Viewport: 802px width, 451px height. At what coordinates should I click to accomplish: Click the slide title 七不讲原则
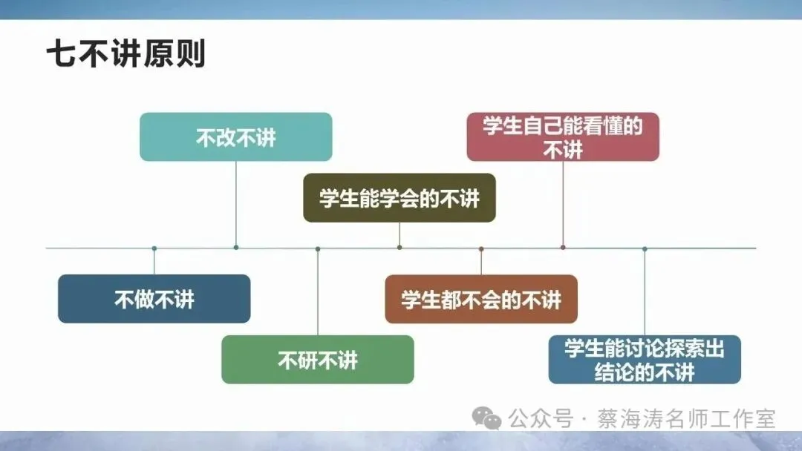(x=125, y=54)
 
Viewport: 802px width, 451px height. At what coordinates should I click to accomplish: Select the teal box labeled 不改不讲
(x=235, y=137)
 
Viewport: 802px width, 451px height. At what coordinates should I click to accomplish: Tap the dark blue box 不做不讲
(x=154, y=299)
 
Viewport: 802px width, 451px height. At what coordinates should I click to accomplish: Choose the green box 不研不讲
(x=317, y=360)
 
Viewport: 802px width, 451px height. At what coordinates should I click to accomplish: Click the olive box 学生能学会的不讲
(x=399, y=198)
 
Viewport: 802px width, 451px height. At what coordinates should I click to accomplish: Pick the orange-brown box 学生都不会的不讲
(x=480, y=299)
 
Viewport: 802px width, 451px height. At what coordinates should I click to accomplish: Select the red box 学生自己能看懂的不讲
(x=562, y=137)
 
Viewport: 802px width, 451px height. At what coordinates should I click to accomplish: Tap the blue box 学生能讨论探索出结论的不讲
(x=644, y=360)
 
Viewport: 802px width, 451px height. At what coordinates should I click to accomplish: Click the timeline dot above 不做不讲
(x=154, y=248)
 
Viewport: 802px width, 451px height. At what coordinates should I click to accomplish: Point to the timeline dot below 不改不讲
(x=236, y=247)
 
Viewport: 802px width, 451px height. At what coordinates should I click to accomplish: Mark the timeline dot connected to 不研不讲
(x=318, y=248)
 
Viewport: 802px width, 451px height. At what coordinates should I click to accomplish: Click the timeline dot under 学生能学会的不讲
(x=400, y=247)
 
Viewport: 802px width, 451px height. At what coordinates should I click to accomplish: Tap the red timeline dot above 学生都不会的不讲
(x=481, y=248)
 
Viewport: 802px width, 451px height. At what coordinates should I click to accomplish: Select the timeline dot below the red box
(x=563, y=247)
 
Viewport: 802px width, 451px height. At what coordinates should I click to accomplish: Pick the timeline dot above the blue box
(x=645, y=248)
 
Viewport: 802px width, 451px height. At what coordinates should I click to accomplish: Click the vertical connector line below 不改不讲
(x=236, y=204)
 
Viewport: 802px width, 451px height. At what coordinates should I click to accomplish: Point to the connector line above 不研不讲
(x=318, y=293)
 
